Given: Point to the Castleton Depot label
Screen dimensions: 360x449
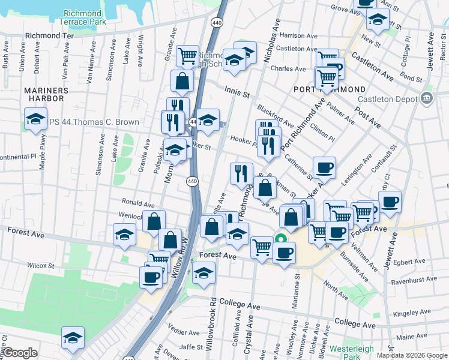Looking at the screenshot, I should point(387,100).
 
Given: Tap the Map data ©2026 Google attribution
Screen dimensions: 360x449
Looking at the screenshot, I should point(412,355).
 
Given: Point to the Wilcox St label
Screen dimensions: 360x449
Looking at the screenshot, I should point(40,265).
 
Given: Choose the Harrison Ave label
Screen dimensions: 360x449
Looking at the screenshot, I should point(298,36).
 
